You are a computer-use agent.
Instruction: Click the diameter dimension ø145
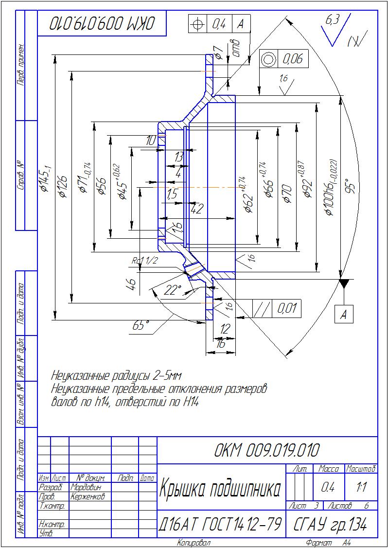tap(46, 179)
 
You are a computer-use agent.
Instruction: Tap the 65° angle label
tap(140, 325)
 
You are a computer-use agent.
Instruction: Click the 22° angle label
tap(172, 290)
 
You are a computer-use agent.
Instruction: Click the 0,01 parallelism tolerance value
tap(287, 308)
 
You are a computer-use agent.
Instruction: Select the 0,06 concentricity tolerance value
tap(293, 59)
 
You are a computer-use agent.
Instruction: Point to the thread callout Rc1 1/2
tap(145, 261)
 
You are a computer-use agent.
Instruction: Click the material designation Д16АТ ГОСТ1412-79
tap(220, 525)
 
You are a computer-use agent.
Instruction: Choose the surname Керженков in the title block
tap(88, 496)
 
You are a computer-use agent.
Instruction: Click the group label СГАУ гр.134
tap(331, 525)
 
